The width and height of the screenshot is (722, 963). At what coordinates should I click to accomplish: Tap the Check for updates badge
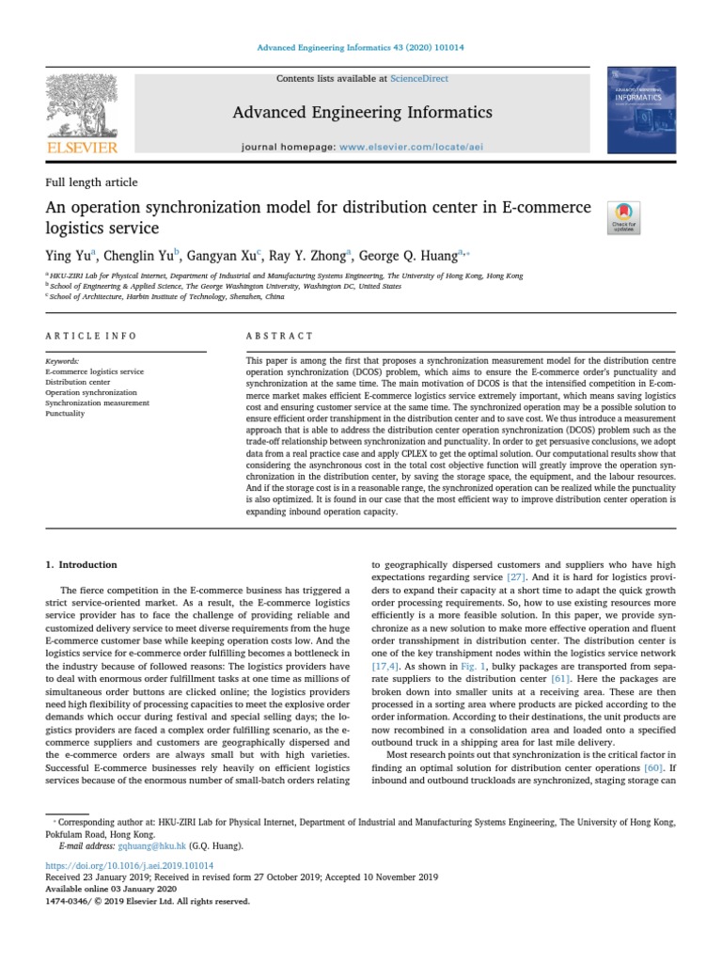[624, 217]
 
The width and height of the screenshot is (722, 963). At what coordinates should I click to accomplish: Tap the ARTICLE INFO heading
[91, 336]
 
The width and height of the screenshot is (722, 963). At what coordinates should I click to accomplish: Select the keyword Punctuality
[65, 413]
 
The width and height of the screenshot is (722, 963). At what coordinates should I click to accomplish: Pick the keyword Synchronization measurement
[97, 403]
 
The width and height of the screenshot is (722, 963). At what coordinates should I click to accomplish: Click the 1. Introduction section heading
[82, 564]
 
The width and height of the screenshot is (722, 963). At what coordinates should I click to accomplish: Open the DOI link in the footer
[130, 865]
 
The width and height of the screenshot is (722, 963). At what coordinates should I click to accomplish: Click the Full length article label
[91, 182]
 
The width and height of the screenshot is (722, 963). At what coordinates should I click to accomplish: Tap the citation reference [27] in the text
[516, 576]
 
